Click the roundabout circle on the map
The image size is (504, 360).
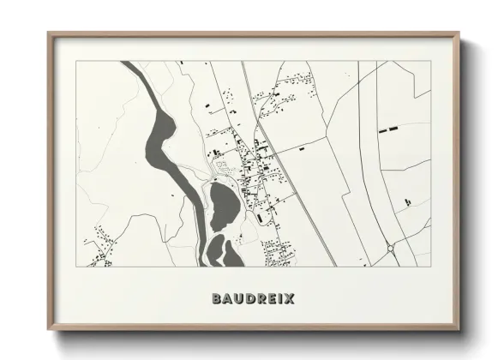392,249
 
